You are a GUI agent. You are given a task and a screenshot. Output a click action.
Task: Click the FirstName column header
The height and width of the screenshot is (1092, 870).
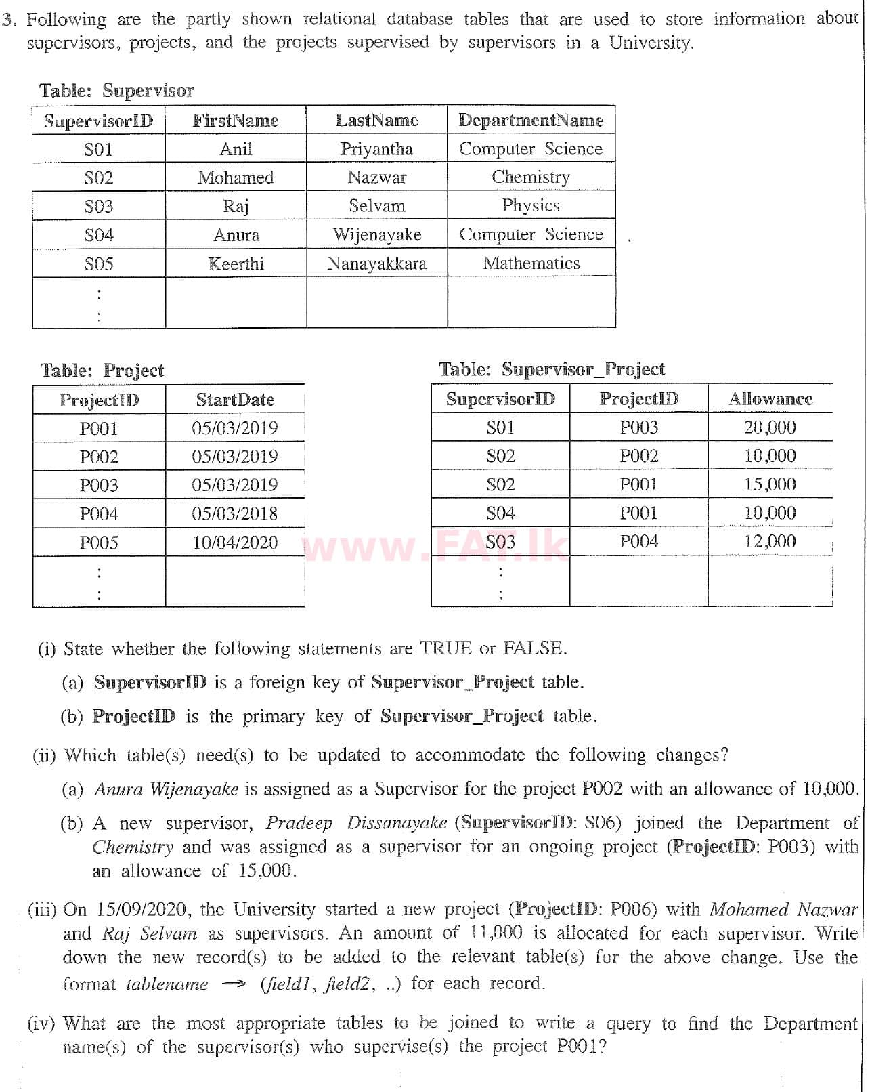236,121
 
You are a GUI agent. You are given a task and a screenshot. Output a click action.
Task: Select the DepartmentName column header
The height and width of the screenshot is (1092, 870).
531,120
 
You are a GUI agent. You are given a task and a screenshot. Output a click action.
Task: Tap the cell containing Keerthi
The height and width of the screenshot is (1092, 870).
236,264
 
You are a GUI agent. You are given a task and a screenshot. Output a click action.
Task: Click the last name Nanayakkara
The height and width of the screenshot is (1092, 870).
376,264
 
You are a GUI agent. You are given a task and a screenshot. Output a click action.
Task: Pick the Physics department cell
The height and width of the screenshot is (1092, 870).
531,205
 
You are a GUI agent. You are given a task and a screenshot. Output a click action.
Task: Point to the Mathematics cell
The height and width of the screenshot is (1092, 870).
531,263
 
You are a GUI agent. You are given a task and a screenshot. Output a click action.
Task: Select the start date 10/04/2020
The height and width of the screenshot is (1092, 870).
235,542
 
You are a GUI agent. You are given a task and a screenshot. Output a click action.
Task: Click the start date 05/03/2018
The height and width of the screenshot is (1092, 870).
235,513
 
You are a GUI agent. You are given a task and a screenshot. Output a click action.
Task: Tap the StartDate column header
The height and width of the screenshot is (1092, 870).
235,400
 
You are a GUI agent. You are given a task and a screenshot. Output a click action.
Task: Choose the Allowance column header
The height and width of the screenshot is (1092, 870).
770,399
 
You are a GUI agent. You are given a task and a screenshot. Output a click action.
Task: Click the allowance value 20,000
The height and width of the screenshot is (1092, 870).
770,427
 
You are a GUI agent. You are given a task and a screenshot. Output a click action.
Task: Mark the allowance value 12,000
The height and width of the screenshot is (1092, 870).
770,541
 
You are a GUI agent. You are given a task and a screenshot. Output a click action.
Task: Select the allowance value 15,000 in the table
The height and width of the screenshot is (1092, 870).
770,484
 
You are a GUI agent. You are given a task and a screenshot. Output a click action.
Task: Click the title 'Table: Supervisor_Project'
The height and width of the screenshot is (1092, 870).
552,369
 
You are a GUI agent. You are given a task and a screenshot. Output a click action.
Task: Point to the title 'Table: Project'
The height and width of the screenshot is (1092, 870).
102,371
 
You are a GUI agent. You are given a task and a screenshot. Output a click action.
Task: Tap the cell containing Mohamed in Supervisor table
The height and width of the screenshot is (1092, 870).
236,177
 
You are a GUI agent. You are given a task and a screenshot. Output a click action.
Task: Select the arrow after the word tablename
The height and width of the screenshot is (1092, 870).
233,984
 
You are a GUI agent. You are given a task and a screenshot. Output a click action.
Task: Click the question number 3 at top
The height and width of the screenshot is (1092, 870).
8,20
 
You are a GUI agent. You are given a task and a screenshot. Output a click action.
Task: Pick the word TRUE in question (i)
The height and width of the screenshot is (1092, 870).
445,648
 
